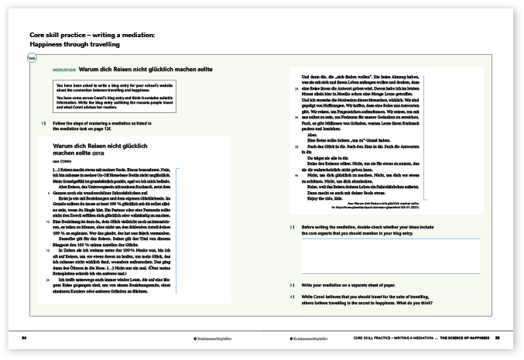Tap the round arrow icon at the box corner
click(31, 59)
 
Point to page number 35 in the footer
click(498, 338)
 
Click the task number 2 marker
click(291, 227)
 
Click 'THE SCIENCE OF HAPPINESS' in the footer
click(465, 338)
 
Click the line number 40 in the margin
click(293, 176)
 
